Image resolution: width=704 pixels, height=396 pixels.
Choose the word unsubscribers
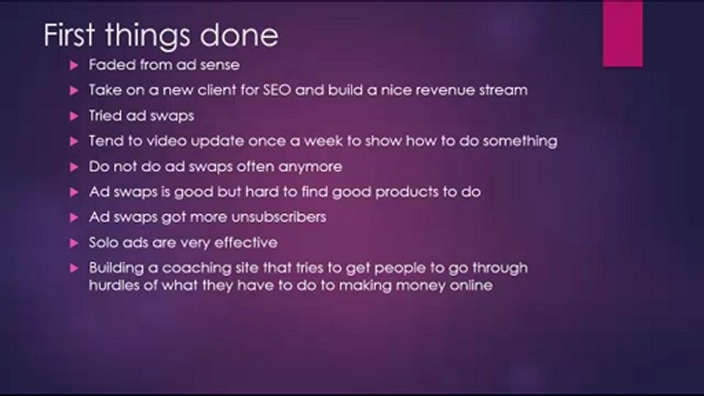click(279, 217)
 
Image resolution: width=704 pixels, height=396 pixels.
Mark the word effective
click(245, 242)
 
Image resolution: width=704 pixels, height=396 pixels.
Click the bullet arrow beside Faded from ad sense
click(75, 65)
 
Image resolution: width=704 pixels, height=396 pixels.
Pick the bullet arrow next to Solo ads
click(75, 243)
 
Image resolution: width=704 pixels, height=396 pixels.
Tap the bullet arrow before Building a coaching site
click(75, 268)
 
